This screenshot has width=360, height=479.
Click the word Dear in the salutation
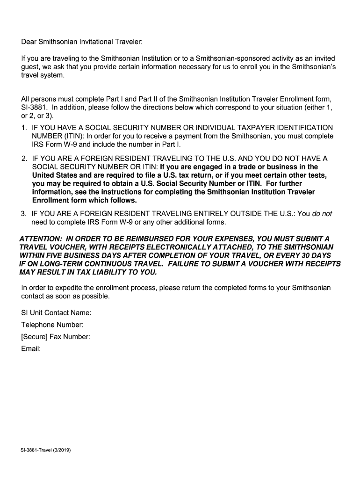coord(29,42)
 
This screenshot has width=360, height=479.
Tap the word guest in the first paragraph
coord(30,67)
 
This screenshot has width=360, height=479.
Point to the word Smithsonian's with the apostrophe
coord(314,67)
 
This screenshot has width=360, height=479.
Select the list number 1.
coord(23,128)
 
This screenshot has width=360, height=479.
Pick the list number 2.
coord(23,159)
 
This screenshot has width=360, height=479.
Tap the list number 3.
coord(23,214)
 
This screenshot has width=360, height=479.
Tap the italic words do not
coord(322,214)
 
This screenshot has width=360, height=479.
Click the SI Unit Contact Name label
coord(56,312)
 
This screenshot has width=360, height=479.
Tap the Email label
coord(31,348)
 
